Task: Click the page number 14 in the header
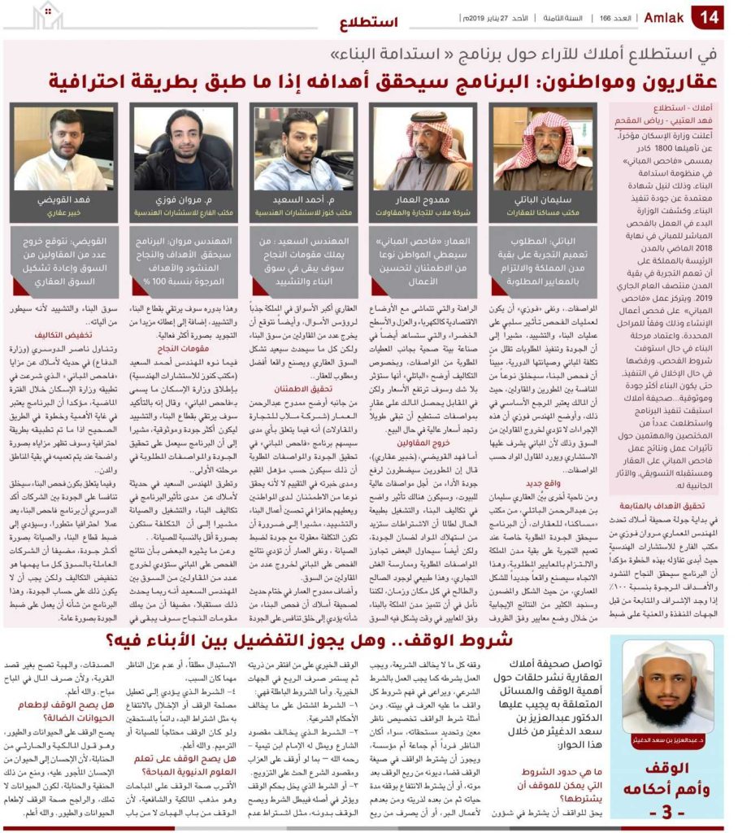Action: click(708, 15)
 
